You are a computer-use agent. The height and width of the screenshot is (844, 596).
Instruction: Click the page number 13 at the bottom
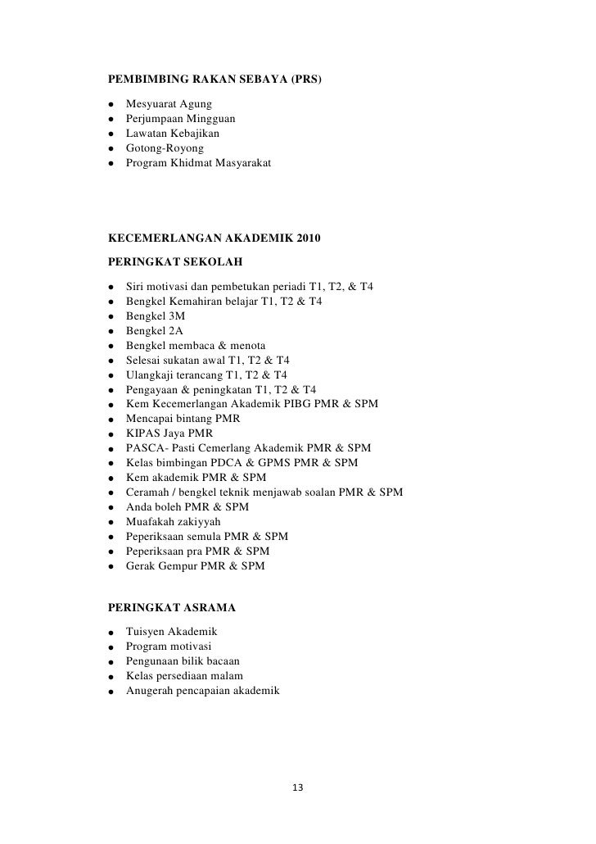297,787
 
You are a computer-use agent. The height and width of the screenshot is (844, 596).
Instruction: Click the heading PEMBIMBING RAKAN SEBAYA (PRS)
215,80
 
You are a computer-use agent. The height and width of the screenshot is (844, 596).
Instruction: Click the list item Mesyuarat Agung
169,104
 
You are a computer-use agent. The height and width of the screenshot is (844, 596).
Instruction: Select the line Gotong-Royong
165,148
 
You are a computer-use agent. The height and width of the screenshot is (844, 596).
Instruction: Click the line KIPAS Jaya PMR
169,433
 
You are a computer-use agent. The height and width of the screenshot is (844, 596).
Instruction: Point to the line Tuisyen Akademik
171,632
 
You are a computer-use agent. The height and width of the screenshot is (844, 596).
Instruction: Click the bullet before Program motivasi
110,647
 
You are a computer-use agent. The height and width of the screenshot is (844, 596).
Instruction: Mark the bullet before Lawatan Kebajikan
110,134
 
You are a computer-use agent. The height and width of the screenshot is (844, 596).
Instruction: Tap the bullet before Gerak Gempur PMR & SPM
110,567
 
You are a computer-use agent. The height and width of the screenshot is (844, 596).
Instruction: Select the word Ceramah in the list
148,492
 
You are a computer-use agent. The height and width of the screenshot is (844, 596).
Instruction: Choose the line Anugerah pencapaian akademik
202,691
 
